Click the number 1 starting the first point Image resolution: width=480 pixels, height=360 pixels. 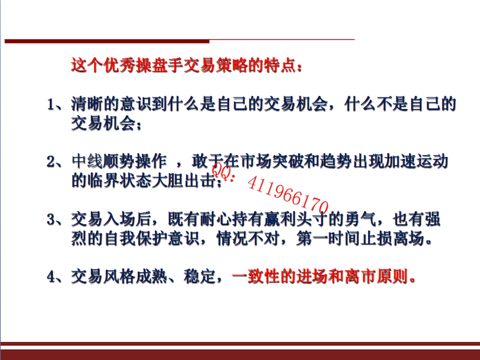tap(51, 105)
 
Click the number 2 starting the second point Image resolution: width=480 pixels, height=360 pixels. tap(51, 162)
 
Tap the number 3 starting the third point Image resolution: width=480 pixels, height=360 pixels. tap(51, 220)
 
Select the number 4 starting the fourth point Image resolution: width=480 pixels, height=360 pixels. tap(51, 277)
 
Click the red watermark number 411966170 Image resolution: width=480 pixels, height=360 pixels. tap(288, 195)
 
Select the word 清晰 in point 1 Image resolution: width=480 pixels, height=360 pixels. tap(87, 104)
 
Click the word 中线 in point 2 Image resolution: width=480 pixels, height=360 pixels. tap(87, 161)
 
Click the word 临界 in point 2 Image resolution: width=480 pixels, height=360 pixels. tap(103, 181)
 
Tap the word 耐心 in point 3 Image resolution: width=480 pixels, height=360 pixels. tap(216, 219)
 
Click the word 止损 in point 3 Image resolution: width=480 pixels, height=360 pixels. tap(376, 238)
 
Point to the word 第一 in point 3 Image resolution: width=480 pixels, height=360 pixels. tap(312, 238)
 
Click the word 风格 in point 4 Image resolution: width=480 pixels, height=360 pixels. tap(119, 276)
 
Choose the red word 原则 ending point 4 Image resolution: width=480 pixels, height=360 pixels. tap(392, 276)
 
